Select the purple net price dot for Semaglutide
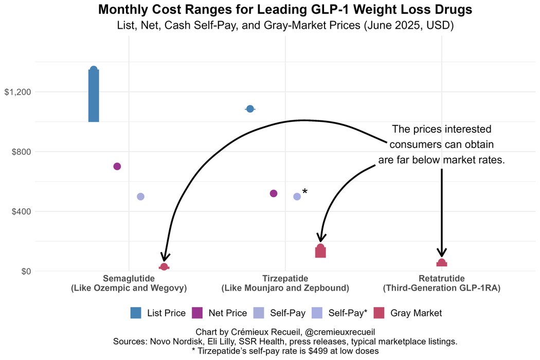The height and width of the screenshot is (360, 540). (x=117, y=166)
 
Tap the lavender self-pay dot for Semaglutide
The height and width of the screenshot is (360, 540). (x=140, y=196)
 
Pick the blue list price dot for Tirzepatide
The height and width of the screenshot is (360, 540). (x=250, y=109)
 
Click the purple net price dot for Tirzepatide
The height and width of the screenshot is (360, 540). (x=274, y=193)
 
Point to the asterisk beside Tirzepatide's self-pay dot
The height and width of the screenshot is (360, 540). (x=305, y=192)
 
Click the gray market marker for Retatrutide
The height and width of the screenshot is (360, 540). (x=442, y=263)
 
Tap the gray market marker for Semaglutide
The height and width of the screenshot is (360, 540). (x=164, y=267)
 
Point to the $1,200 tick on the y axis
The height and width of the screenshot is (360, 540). (x=18, y=92)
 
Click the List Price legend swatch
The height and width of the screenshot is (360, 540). (x=136, y=313)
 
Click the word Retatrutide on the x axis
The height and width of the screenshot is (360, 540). (x=442, y=278)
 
